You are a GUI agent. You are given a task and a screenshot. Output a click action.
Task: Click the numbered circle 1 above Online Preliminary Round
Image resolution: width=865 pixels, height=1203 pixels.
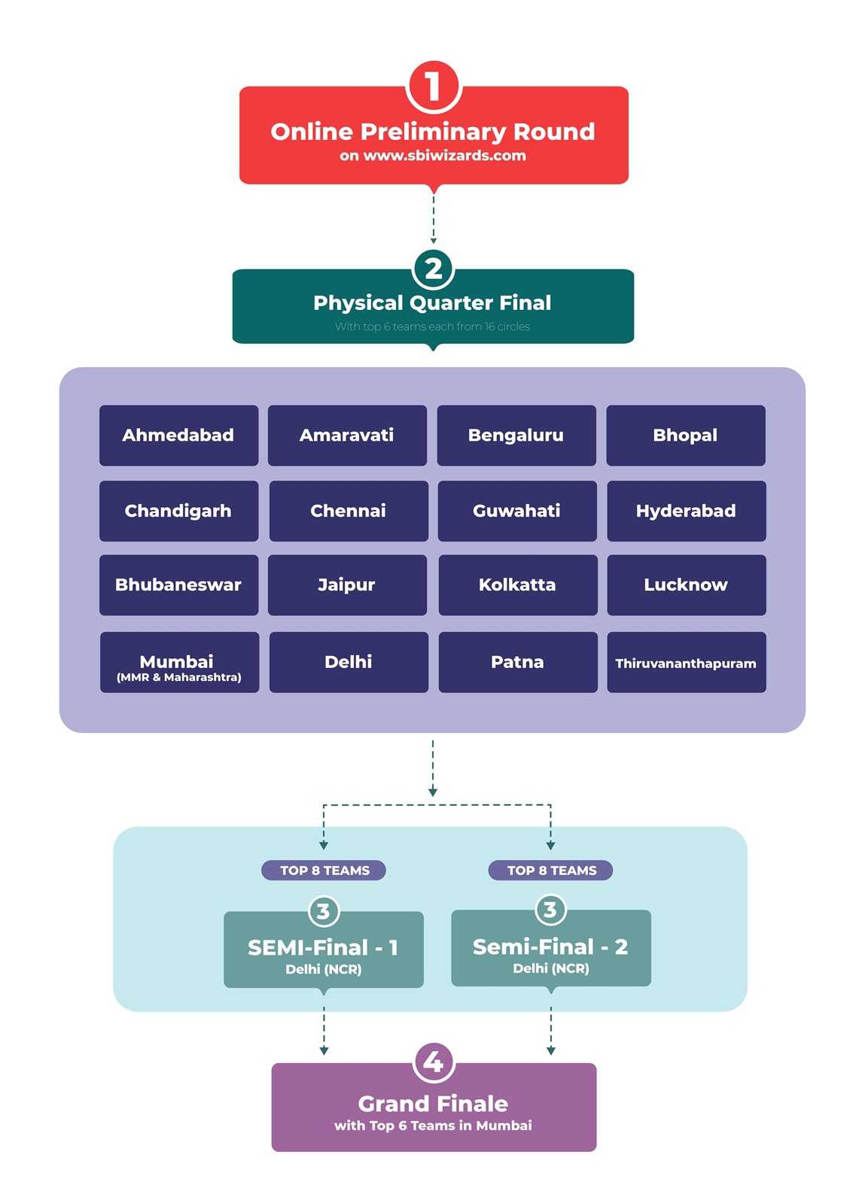coord(433,87)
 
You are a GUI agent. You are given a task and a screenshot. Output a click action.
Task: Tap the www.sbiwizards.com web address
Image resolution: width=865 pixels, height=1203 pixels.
coord(444,156)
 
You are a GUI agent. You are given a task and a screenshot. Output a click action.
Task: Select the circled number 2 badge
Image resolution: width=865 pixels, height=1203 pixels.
coord(433,269)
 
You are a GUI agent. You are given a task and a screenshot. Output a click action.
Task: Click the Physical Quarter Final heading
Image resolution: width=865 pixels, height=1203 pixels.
coord(432,303)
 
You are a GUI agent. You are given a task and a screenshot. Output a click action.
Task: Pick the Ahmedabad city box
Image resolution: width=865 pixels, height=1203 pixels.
coord(178,436)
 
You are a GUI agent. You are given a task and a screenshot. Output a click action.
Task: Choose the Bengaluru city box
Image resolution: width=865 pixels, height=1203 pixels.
coord(516,436)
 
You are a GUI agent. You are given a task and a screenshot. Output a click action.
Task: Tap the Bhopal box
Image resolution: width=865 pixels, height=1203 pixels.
coord(685,436)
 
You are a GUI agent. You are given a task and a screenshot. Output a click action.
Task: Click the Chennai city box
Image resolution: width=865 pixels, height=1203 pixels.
coord(348,511)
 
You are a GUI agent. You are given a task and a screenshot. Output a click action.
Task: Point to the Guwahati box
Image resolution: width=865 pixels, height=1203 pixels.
coord(516,511)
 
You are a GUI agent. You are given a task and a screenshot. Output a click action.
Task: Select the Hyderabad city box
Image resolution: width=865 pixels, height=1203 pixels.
coord(686,511)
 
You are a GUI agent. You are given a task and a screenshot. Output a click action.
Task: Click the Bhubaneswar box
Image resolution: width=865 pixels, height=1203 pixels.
coord(178,585)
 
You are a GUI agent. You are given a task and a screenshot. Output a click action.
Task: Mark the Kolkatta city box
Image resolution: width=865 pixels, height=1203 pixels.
coord(517,585)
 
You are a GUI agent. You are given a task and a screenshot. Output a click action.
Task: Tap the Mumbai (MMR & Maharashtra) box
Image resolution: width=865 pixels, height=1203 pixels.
coord(178,662)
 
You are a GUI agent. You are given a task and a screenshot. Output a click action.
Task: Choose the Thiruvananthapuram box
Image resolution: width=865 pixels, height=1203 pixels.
coord(686,662)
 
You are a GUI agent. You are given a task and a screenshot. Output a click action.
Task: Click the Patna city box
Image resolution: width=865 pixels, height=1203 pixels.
coord(517,662)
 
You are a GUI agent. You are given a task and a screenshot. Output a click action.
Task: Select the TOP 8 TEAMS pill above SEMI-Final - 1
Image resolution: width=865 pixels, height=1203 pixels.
coord(324,870)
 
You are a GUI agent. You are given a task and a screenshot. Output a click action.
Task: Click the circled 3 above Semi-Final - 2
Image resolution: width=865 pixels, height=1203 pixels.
coord(550,910)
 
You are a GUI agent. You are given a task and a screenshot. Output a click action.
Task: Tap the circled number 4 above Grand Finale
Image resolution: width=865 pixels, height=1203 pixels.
coord(433,1062)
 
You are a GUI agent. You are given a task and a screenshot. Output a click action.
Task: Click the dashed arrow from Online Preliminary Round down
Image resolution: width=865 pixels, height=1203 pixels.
coord(434,218)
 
